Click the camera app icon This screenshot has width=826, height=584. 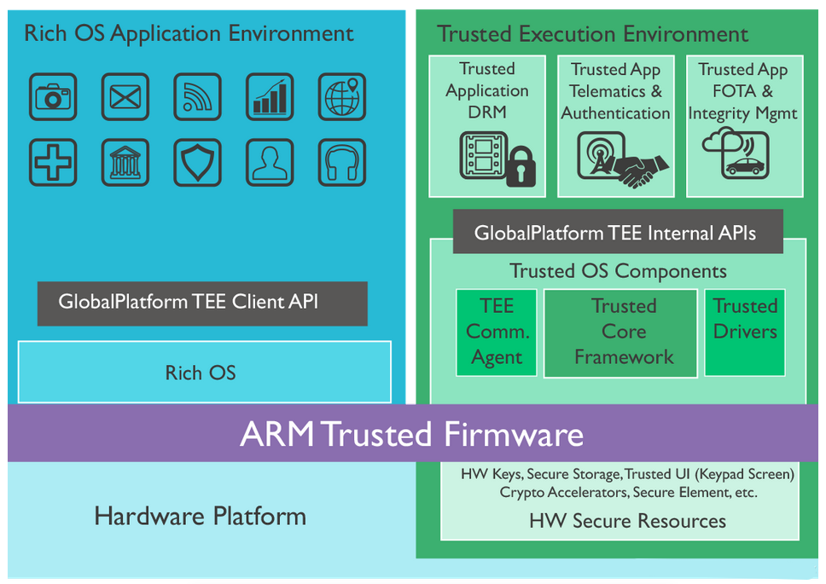(x=53, y=97)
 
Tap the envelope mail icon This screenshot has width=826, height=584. (x=125, y=97)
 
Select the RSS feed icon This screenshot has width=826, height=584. (x=198, y=97)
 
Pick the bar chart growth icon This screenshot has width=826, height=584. (x=270, y=97)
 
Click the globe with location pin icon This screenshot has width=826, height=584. (x=342, y=97)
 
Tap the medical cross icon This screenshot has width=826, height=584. (x=53, y=163)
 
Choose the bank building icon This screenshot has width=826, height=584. (x=125, y=163)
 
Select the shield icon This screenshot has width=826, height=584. (x=198, y=163)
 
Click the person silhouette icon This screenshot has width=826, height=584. (x=270, y=163)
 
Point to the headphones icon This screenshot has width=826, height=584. (x=342, y=163)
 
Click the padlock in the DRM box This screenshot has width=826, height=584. (x=521, y=167)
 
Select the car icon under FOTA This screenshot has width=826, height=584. (x=745, y=166)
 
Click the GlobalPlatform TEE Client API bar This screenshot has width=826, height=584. (x=202, y=304)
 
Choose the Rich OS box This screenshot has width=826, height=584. (x=205, y=372)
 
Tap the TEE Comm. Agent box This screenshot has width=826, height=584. (x=497, y=332)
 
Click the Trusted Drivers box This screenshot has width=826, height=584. (x=745, y=332)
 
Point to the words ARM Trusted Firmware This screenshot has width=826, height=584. (x=412, y=435)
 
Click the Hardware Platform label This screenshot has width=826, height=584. (x=201, y=516)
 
